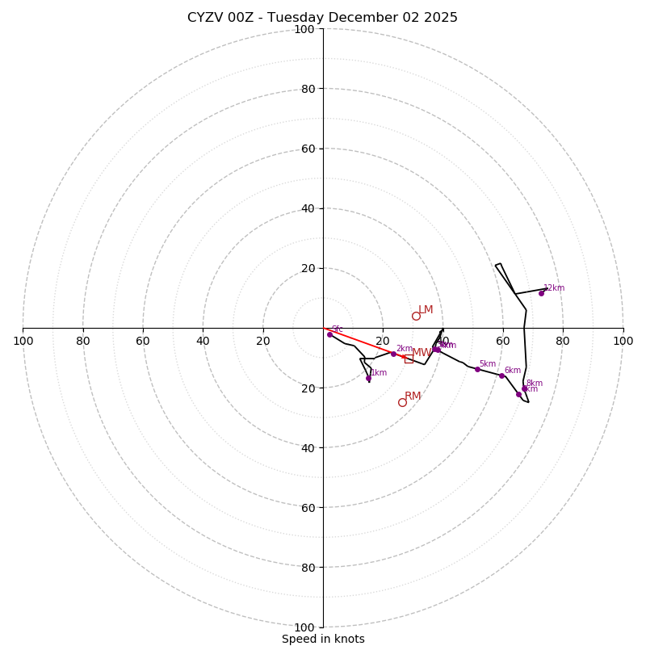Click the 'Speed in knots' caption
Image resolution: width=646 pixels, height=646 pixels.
[x=323, y=639]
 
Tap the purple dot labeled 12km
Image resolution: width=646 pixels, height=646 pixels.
[x=541, y=293]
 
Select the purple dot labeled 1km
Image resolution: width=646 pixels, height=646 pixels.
[x=368, y=378]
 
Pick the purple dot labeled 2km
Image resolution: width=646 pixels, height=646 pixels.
[x=393, y=354]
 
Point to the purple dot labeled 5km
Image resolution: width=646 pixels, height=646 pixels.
[x=477, y=369]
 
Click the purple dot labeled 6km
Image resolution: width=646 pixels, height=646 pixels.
[x=501, y=375]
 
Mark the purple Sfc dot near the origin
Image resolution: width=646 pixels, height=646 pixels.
[x=329, y=334]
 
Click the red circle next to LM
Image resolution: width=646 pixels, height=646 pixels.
[x=416, y=316]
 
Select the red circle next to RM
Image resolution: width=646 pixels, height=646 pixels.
[x=402, y=402]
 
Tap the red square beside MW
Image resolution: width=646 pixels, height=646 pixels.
[x=409, y=359]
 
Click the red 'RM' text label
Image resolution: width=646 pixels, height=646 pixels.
[x=413, y=396]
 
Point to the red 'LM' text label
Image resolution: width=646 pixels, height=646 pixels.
[x=426, y=309]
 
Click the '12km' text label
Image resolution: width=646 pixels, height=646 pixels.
[x=554, y=287]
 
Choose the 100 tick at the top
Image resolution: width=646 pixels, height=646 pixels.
[x=304, y=29]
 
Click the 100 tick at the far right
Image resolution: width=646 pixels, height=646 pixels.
[x=623, y=341]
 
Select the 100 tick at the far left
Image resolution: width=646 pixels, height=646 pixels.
[x=23, y=341]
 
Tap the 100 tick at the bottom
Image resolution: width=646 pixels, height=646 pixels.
[x=304, y=627]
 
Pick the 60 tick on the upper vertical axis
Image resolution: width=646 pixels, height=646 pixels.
[x=307, y=149]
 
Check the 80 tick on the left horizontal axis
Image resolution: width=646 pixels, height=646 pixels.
[x=83, y=341]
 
